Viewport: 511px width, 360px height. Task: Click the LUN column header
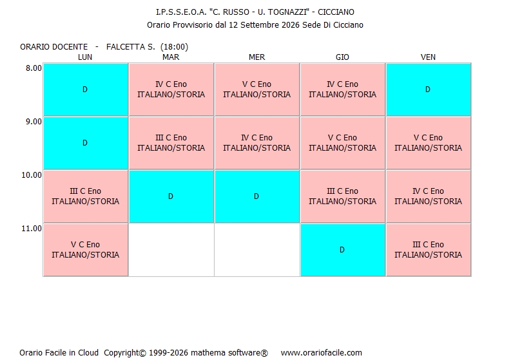point(85,57)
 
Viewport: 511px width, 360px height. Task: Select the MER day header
point(257,57)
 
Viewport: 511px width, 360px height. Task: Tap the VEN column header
point(428,57)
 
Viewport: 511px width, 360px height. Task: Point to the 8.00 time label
point(34,68)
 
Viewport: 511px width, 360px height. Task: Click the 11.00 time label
point(32,229)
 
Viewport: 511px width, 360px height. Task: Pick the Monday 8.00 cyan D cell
point(86,90)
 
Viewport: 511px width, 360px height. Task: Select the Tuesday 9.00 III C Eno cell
point(171,143)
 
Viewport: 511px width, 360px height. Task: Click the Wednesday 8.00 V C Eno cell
point(257,90)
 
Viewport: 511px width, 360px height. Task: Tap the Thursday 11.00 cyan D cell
point(343,250)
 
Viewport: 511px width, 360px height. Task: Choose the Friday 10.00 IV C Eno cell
point(429,196)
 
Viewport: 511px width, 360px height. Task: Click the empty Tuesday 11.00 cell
point(171,250)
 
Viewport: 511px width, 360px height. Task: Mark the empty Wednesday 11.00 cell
point(257,250)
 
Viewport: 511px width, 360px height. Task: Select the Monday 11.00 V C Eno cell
point(86,250)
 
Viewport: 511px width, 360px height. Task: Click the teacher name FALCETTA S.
point(131,47)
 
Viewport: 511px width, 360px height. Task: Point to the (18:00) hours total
point(175,47)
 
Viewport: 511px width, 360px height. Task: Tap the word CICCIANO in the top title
point(336,12)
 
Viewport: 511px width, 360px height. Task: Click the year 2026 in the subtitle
point(290,25)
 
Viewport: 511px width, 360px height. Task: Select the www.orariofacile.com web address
point(322,353)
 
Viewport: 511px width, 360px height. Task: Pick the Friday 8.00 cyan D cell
point(429,90)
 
